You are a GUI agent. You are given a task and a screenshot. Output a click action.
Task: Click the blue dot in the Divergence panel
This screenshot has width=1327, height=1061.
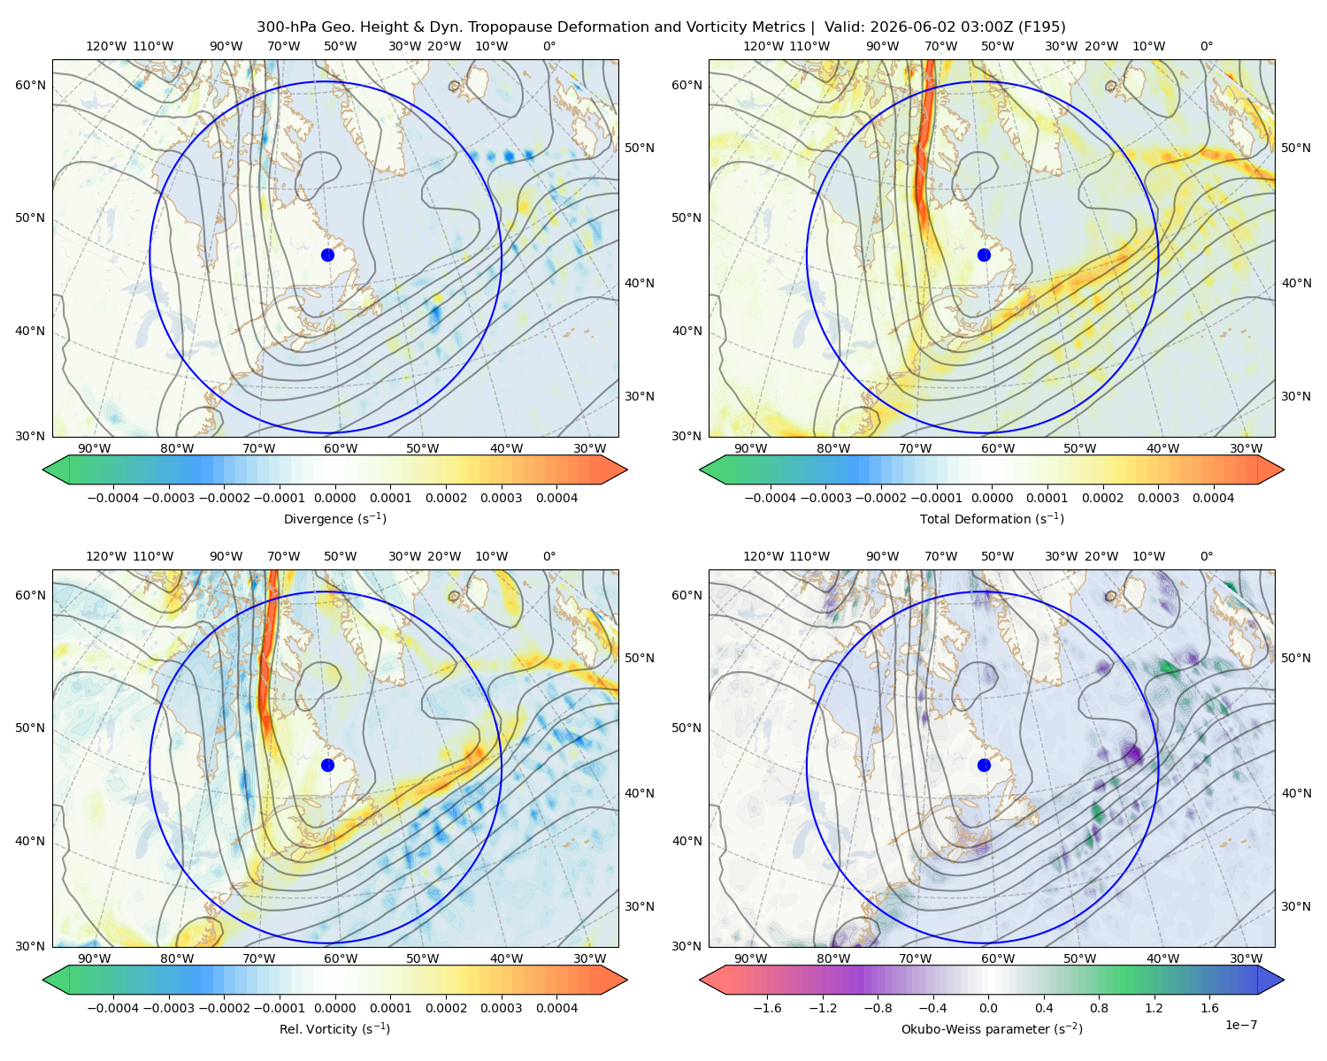[x=327, y=256]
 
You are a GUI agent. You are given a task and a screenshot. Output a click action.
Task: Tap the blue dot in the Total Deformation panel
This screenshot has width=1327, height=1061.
[x=984, y=256]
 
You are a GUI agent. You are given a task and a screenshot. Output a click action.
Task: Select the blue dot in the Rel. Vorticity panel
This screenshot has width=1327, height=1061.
[x=327, y=765]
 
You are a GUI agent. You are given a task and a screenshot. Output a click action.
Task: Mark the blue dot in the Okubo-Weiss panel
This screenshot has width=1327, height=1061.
[x=984, y=765]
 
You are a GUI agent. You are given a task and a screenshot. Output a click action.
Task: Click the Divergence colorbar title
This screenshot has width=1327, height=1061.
[x=334, y=518]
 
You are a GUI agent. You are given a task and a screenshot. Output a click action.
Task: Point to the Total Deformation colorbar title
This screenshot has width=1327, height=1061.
[x=992, y=518]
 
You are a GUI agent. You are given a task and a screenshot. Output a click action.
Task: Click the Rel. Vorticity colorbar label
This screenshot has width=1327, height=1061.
[x=334, y=1029]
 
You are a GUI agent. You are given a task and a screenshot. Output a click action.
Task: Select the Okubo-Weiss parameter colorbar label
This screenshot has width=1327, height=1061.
[x=992, y=1029]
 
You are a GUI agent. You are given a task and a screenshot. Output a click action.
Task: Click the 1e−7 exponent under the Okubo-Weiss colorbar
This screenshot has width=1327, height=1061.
[x=1240, y=1026]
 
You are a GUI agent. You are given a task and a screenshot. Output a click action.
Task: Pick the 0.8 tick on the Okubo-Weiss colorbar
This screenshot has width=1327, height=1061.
[x=1099, y=1008]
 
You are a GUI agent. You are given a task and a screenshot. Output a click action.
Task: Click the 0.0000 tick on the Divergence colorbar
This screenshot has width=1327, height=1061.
[x=334, y=498]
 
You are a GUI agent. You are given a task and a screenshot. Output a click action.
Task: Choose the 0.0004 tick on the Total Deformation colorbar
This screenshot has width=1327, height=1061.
[x=1214, y=498]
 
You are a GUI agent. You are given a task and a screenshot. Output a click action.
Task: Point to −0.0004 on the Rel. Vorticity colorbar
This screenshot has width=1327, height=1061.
[x=113, y=1008]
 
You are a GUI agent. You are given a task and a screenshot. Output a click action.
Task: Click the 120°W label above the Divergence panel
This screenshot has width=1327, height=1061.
[x=106, y=46]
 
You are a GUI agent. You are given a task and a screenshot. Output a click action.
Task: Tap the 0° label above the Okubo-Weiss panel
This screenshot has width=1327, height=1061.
[x=1207, y=556]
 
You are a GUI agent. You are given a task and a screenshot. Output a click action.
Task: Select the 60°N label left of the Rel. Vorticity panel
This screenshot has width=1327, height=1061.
[x=30, y=595]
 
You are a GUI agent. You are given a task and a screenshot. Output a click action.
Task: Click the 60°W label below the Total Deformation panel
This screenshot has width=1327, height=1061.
[x=998, y=448]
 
